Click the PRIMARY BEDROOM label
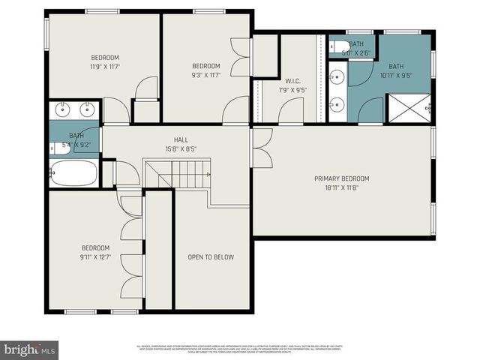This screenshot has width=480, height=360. (341, 178)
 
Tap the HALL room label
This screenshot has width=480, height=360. (181, 139)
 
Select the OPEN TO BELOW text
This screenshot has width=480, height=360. (211, 257)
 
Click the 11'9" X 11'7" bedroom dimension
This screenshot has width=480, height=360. (105, 67)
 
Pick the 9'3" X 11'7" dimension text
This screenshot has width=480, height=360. (205, 74)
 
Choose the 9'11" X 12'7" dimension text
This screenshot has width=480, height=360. (95, 257)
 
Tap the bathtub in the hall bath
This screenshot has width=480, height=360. (73, 173)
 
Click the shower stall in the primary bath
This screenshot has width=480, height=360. (409, 108)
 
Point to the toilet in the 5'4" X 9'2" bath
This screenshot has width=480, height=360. (61, 148)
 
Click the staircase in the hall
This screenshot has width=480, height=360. (187, 175)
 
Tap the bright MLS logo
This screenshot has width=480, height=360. (30, 349)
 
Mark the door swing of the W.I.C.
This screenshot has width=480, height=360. (289, 112)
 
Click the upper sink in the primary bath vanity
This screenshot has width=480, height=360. (337, 75)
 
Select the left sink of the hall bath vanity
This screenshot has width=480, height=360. (62, 109)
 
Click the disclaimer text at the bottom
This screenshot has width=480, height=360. (240, 349)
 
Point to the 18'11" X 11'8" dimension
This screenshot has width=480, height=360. (341, 187)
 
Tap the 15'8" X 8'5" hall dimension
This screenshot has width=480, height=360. (181, 148)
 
